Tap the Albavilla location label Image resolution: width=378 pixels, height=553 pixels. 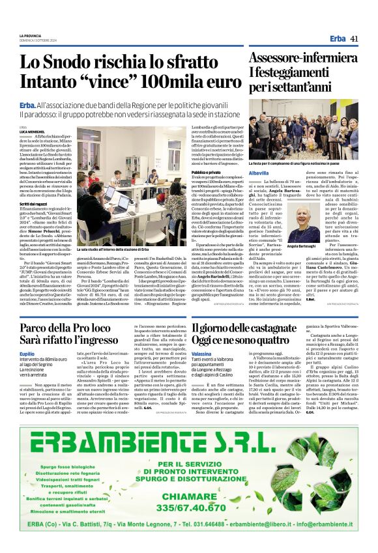259,173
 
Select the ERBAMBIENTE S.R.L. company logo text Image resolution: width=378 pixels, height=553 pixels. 189,428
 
